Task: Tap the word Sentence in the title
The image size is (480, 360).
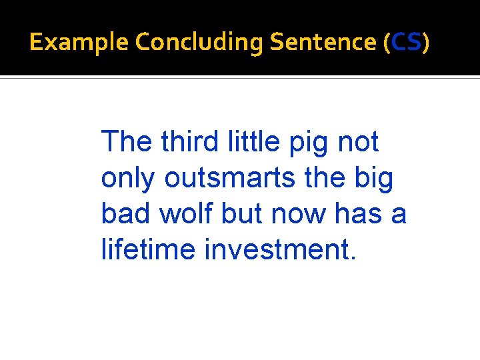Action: [323, 43]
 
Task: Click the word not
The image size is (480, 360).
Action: [359, 143]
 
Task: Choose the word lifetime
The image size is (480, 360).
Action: [148, 250]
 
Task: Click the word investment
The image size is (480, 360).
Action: [281, 250]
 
